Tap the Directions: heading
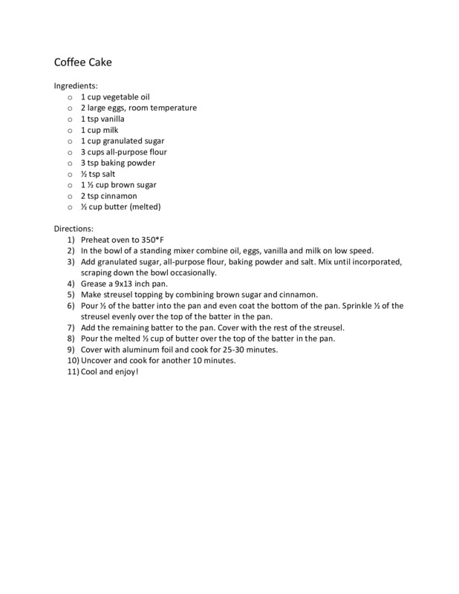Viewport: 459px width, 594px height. click(x=74, y=228)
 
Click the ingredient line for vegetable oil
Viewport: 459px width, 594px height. click(x=114, y=97)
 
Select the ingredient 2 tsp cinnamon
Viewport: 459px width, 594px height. click(x=108, y=196)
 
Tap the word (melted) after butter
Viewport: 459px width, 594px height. click(x=144, y=206)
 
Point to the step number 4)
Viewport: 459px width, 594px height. click(x=71, y=283)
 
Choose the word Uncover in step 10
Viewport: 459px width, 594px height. click(x=97, y=360)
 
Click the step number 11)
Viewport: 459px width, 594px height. click(x=72, y=371)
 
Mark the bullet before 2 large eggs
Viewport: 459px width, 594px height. click(x=70, y=108)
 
